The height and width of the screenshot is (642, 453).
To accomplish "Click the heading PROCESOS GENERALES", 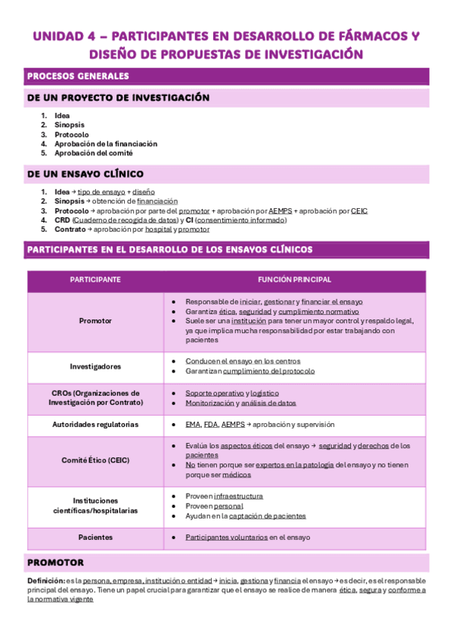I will pyautogui.click(x=78, y=76).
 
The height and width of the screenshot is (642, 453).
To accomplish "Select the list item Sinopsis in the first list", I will pyautogui.click(x=70, y=125).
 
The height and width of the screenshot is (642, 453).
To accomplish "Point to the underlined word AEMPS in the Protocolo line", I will pyautogui.click(x=280, y=210).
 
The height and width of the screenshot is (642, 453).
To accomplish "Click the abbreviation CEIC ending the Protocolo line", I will pyautogui.click(x=359, y=210).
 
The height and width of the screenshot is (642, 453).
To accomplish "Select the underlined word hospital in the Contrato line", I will pyautogui.click(x=158, y=229).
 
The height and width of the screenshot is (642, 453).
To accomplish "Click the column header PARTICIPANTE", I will pyautogui.click(x=95, y=280).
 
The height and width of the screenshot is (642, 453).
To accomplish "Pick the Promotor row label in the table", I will pyautogui.click(x=95, y=321).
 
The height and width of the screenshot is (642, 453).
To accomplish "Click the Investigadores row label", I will pyautogui.click(x=95, y=366).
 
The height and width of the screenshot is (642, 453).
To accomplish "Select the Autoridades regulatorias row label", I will pyautogui.click(x=95, y=425).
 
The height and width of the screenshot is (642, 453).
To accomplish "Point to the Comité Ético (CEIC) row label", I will pyautogui.click(x=95, y=460).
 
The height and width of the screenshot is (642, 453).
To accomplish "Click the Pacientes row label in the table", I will pyautogui.click(x=95, y=537).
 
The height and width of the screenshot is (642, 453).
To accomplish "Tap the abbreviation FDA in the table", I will pyautogui.click(x=210, y=425).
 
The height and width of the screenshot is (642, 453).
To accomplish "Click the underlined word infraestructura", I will pyautogui.click(x=239, y=495).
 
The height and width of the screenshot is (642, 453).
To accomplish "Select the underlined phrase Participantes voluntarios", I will pyautogui.click(x=226, y=537).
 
